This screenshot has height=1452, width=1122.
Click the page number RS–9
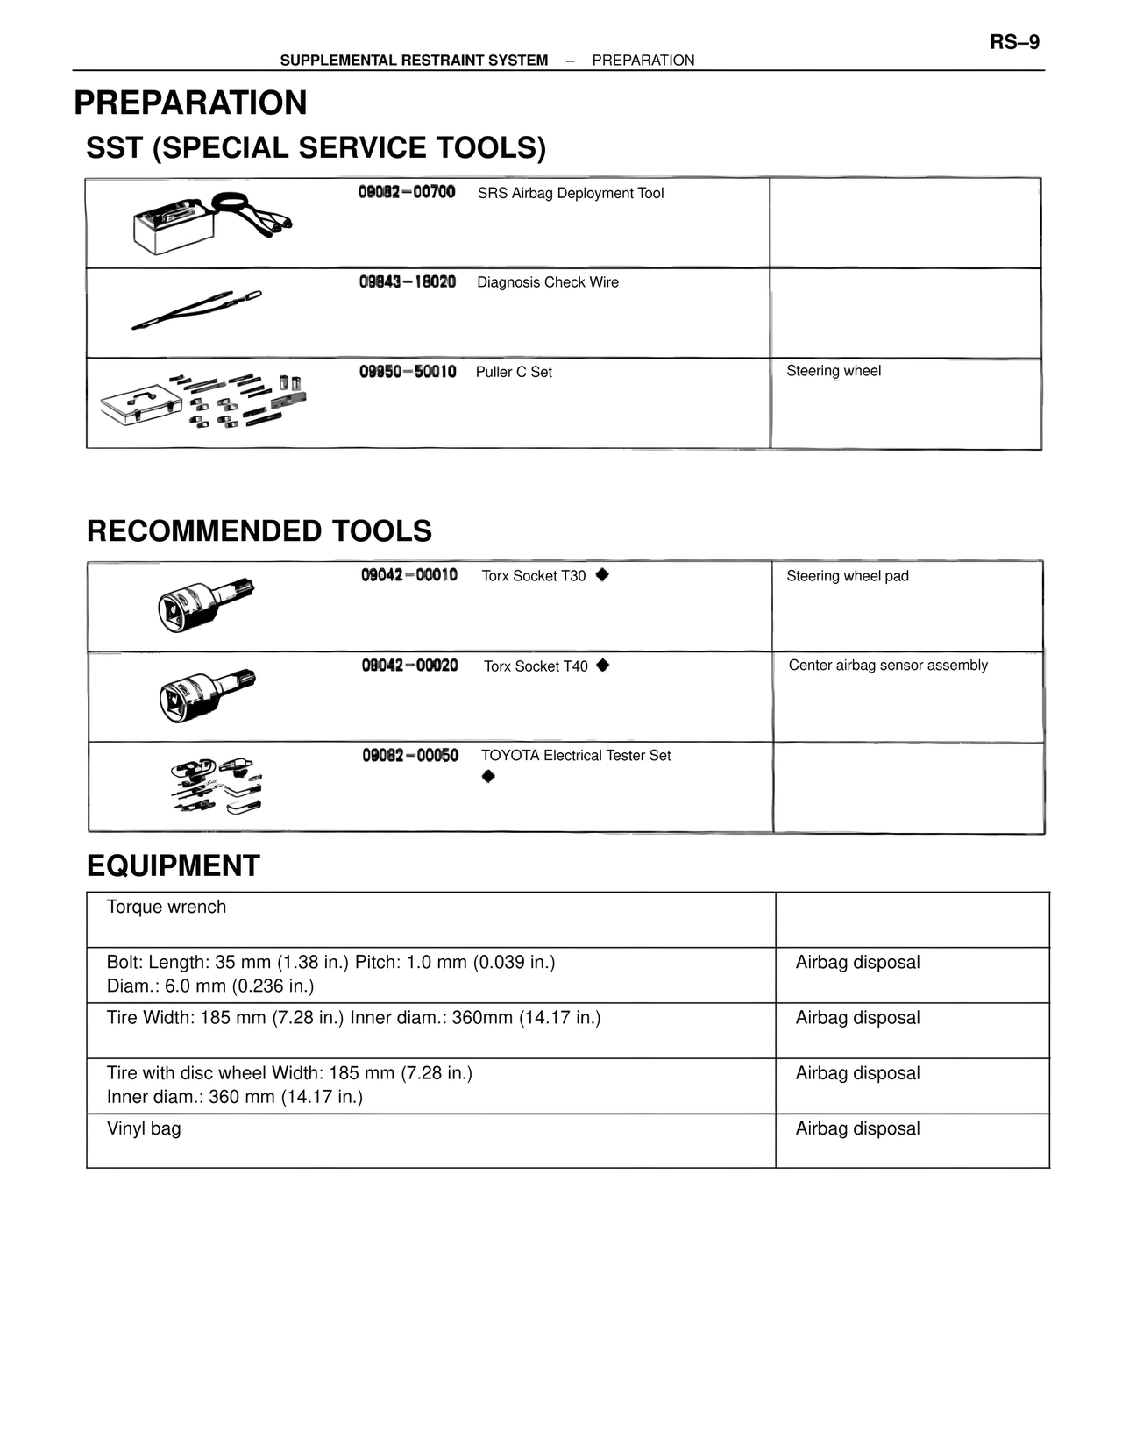click(x=1014, y=42)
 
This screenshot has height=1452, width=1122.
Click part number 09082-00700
click(x=407, y=192)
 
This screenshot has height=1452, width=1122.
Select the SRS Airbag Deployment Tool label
click(x=571, y=193)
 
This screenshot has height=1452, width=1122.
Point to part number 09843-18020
click(x=408, y=281)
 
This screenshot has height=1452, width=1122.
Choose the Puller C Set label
click(x=514, y=372)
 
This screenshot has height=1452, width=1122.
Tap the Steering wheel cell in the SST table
click(x=834, y=371)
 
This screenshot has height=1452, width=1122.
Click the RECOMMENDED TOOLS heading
click(x=259, y=531)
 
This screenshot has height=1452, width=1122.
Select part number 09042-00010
click(x=409, y=575)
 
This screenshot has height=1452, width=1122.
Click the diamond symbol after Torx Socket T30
click(x=602, y=575)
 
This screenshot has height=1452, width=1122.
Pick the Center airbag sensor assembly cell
click(x=888, y=665)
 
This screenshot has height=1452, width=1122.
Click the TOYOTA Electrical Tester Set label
click(x=576, y=756)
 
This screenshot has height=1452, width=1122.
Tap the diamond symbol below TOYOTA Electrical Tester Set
click(x=488, y=777)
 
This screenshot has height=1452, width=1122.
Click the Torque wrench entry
click(x=167, y=907)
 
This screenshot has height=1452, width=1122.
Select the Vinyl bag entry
click(x=144, y=1128)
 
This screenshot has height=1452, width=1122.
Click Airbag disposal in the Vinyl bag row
click(x=857, y=1128)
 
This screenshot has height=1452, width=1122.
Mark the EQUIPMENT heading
click(x=174, y=865)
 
